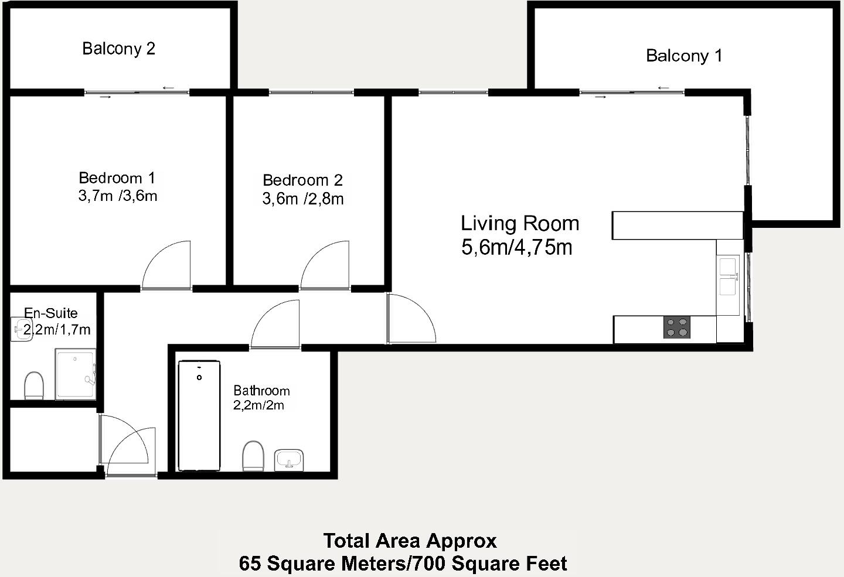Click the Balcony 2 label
pyautogui.click(x=118, y=49)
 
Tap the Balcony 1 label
pyautogui.click(x=683, y=56)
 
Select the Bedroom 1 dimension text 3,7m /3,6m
pyautogui.click(x=118, y=196)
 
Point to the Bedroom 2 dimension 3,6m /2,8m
pyautogui.click(x=302, y=199)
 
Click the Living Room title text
pyautogui.click(x=520, y=223)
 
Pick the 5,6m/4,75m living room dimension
pyautogui.click(x=516, y=248)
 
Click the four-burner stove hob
pyautogui.click(x=676, y=327)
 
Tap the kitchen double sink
pyautogui.click(x=729, y=276)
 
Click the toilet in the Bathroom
pyautogui.click(x=253, y=455)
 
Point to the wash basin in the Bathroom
pyautogui.click(x=289, y=459)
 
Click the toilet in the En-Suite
pyautogui.click(x=34, y=385)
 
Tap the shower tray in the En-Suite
pyautogui.click(x=75, y=374)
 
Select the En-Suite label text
pyautogui.click(x=51, y=313)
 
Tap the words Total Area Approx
pyautogui.click(x=410, y=540)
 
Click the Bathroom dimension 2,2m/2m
pyautogui.click(x=258, y=405)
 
